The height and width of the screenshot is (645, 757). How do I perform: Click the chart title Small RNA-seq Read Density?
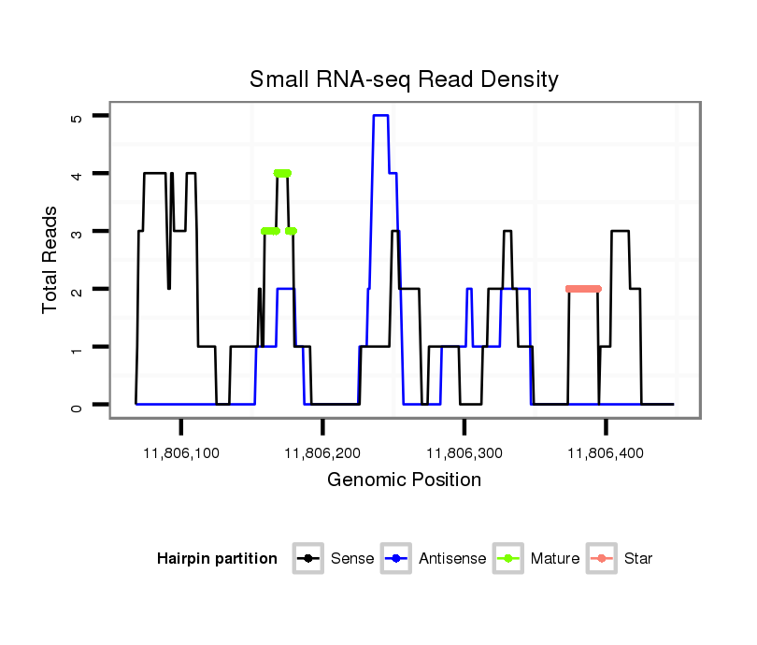point(404,79)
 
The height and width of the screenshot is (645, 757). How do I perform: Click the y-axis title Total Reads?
point(50,260)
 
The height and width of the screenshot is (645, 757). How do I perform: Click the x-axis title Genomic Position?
point(404,480)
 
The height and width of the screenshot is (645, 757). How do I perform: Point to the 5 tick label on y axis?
point(78,117)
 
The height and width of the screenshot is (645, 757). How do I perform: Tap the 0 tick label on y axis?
point(78,406)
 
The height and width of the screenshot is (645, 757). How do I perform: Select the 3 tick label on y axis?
point(78,232)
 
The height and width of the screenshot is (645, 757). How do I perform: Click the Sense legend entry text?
point(352,559)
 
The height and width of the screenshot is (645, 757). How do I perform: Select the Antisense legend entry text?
point(452,559)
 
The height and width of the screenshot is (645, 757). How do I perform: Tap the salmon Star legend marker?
point(603,559)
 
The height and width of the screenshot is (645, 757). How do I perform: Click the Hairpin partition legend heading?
point(217,559)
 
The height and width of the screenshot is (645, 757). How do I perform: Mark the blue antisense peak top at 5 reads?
point(380,115)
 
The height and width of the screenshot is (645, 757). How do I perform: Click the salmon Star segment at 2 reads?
point(583,289)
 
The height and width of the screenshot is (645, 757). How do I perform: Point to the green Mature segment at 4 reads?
point(282,173)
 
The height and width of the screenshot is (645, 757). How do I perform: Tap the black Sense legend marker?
point(309,559)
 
